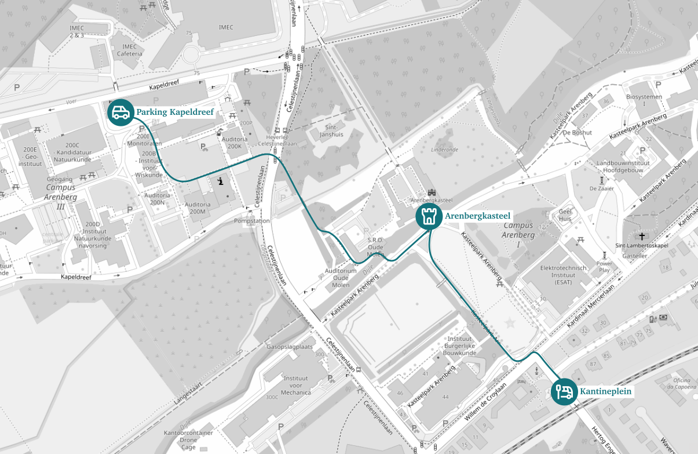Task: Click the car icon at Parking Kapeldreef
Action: [x=120, y=112]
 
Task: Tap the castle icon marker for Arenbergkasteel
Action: [x=429, y=216]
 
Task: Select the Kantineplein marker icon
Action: [x=563, y=391]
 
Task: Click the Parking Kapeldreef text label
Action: [x=175, y=112]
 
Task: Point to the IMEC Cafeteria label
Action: [x=129, y=50]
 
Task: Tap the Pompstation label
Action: [x=252, y=221]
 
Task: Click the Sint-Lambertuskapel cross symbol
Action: [x=642, y=236]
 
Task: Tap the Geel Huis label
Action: [x=565, y=215]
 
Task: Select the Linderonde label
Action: [x=444, y=149]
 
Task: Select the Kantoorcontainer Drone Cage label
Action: [x=188, y=440]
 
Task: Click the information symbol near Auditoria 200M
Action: [x=220, y=183]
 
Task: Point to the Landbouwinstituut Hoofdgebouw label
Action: [x=623, y=167]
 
